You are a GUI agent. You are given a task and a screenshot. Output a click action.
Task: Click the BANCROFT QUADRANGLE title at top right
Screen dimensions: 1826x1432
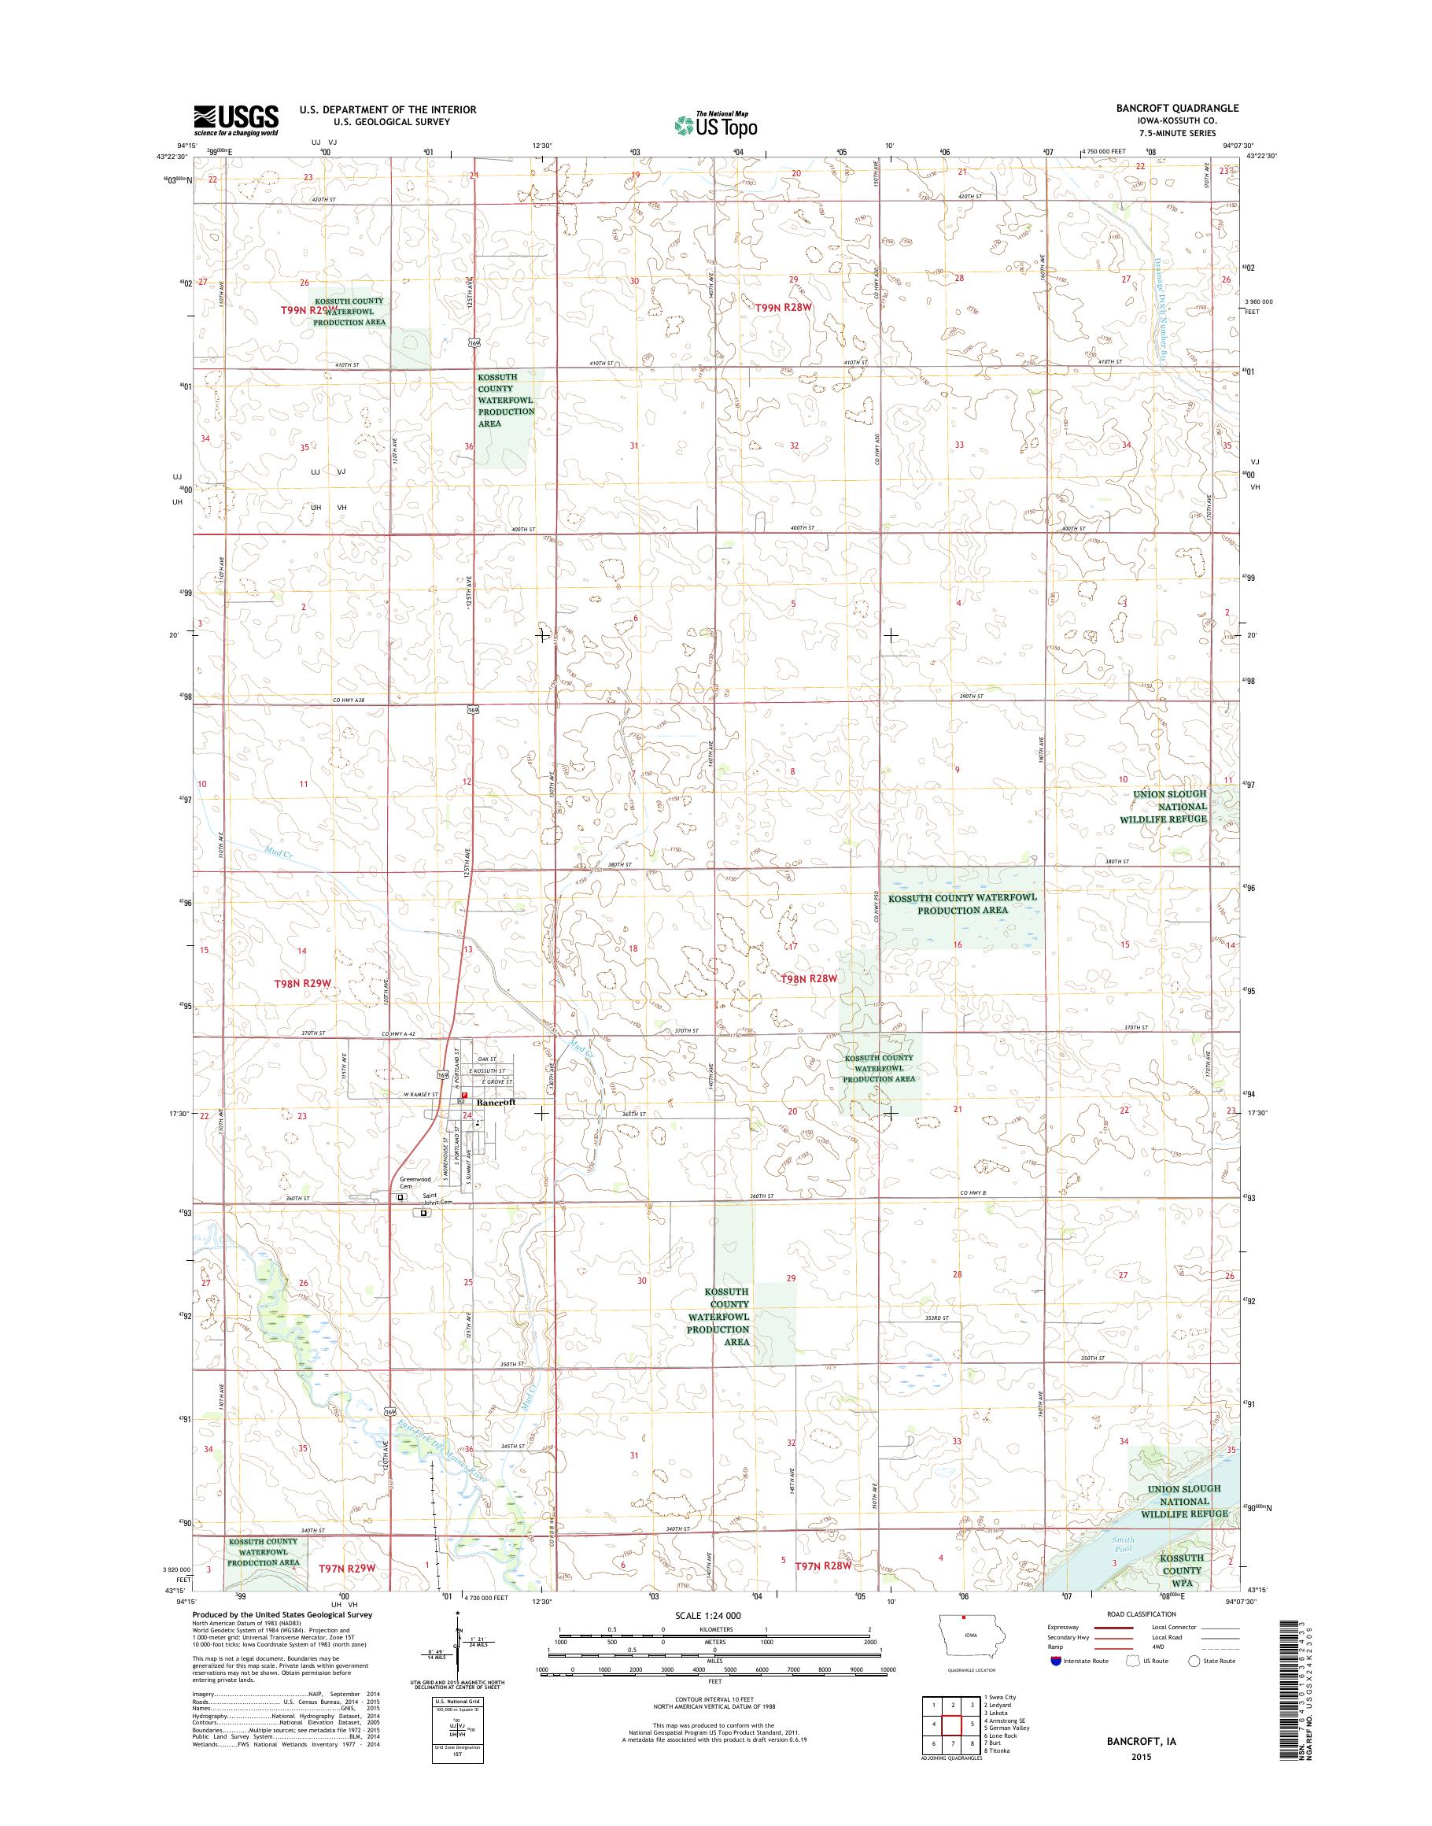pyautogui.click(x=1183, y=108)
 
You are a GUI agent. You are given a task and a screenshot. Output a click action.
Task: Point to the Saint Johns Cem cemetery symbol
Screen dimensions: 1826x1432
pyautogui.click(x=423, y=1212)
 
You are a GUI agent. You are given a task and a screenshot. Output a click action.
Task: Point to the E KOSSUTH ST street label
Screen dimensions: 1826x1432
pyautogui.click(x=488, y=1071)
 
